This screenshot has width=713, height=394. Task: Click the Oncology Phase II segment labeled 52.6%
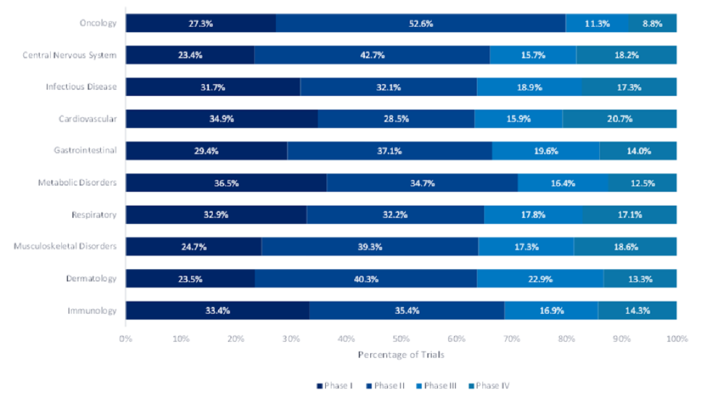[421, 23]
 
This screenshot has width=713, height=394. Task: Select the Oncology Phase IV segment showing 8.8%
[652, 23]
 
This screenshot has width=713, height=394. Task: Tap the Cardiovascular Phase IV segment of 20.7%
[619, 119]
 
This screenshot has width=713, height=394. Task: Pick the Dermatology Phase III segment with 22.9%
[540, 279]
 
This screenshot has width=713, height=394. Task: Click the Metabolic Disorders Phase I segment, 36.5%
[226, 183]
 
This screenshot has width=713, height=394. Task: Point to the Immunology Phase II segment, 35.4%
[407, 310]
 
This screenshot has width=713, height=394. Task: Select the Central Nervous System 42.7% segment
[372, 55]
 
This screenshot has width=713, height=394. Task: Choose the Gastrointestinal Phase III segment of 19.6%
[545, 151]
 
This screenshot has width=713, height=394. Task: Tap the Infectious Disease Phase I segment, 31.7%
[213, 87]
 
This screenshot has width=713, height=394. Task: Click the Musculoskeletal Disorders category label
[65, 246]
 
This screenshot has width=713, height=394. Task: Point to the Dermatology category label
[91, 278]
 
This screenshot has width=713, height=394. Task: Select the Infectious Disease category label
[81, 87]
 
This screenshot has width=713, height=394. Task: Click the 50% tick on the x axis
[401, 339]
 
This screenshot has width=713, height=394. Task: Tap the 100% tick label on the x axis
[676, 339]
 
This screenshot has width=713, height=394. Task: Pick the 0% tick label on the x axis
[126, 339]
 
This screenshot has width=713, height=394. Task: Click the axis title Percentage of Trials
[401, 355]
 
